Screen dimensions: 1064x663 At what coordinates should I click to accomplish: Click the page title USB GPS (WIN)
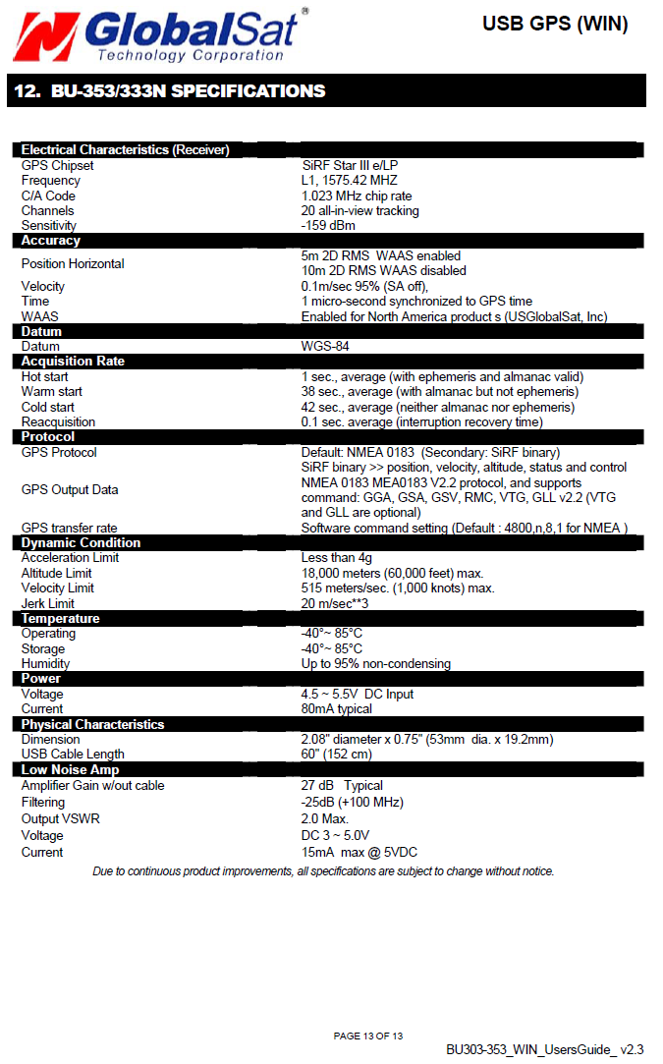[555, 24]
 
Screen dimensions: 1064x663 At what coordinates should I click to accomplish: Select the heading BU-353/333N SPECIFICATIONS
[169, 91]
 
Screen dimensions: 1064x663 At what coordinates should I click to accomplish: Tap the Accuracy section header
[51, 241]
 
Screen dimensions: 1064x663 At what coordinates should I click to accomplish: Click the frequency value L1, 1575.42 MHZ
[349, 181]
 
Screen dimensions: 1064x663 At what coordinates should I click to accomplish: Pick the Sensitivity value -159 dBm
[328, 226]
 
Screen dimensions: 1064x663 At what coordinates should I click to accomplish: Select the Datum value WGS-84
[325, 347]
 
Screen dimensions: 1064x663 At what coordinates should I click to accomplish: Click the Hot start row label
[45, 377]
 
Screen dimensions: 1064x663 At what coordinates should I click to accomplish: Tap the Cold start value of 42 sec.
[437, 408]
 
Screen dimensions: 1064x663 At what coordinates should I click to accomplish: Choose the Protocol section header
[48, 437]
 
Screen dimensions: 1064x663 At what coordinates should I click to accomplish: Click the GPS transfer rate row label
[70, 529]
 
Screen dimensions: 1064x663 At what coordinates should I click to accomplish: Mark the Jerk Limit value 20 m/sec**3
[335, 603]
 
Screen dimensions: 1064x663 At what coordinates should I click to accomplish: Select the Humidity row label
[46, 664]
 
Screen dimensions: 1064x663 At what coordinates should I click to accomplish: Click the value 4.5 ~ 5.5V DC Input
[358, 695]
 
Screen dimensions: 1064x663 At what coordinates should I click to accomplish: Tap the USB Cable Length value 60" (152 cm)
[337, 755]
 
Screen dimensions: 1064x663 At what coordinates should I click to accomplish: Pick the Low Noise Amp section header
[71, 770]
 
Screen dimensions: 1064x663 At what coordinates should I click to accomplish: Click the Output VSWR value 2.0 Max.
[325, 818]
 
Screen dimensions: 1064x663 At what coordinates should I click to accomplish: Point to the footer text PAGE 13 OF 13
[368, 1036]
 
